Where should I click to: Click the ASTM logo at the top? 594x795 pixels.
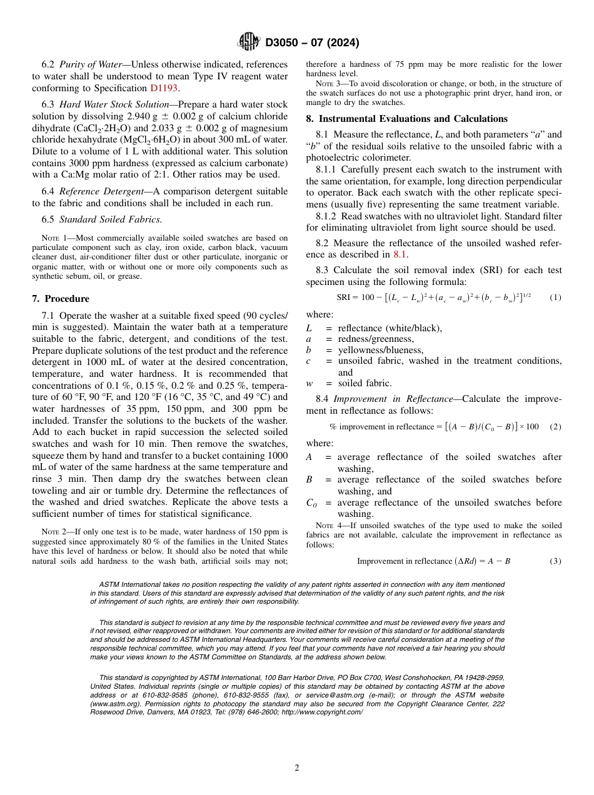249,42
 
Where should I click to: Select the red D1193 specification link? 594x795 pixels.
164,88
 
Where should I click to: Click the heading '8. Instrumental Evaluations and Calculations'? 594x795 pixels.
406,119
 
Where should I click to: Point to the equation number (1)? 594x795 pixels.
555,297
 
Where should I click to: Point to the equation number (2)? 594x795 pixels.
555,427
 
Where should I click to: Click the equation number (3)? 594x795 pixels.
555,561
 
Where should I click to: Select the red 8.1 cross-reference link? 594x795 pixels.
400,254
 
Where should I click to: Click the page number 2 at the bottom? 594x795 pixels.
297,768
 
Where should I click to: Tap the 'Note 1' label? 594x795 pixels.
53,237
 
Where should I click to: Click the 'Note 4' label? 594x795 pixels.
328,526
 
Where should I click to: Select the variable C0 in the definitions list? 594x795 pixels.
311,503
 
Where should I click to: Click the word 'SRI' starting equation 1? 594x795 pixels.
344,297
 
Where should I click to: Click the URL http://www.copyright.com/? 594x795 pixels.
322,712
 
